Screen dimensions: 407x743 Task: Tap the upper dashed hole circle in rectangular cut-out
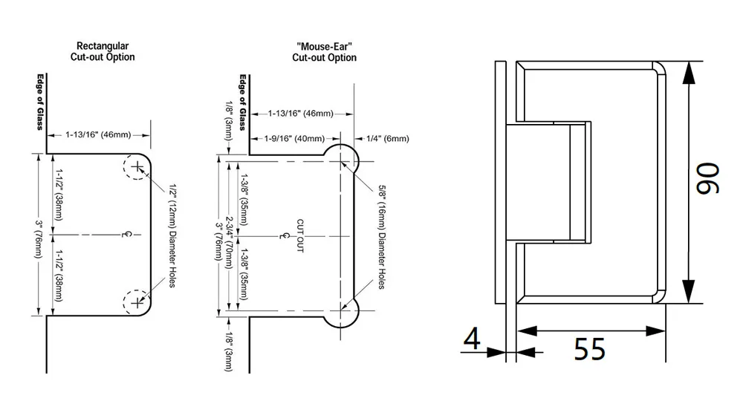[x=136, y=169]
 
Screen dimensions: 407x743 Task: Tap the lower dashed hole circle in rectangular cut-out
[x=136, y=302]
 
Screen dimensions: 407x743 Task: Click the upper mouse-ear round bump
[x=342, y=158]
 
